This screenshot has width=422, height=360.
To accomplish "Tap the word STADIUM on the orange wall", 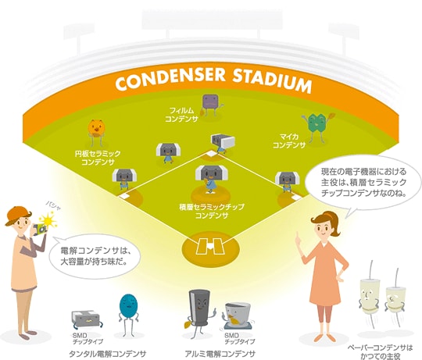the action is [x=272, y=80].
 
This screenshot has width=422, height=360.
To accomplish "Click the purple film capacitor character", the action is [x=212, y=105].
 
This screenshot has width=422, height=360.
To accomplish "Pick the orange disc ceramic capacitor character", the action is [x=96, y=131].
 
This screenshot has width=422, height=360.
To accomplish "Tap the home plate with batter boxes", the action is [x=210, y=245].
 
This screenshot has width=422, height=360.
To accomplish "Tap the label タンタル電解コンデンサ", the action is [x=108, y=354].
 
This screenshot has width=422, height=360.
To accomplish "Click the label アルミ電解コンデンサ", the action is [x=220, y=354].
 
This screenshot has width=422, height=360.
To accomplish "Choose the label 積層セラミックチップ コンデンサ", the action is [x=212, y=211].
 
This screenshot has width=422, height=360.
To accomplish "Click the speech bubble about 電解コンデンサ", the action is [x=95, y=256].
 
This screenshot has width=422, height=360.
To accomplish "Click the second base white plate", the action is [x=211, y=155].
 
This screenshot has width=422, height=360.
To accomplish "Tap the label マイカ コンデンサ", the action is [x=289, y=141].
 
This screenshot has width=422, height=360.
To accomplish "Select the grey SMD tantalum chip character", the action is [x=87, y=319].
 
